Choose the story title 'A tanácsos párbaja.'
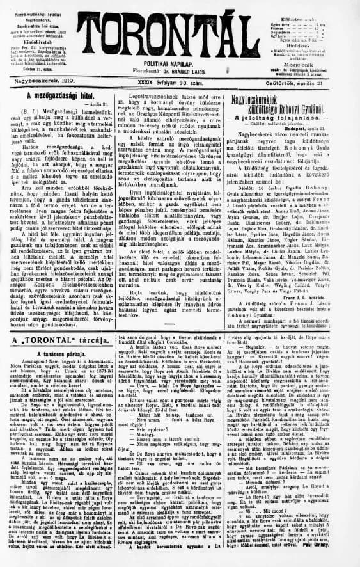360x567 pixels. tap(63, 353)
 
